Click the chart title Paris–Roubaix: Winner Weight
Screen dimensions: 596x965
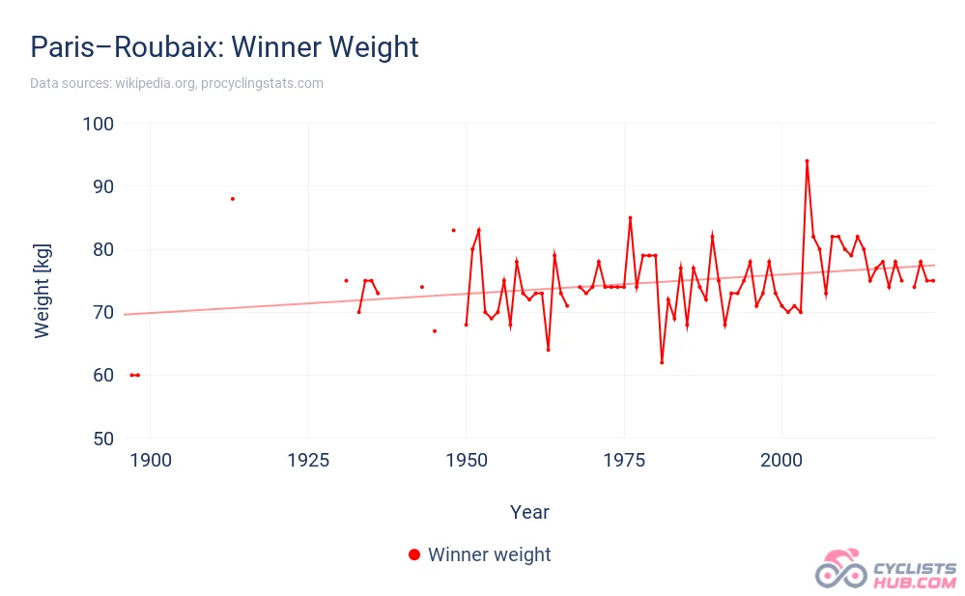click(224, 46)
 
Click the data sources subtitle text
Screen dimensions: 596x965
click(177, 84)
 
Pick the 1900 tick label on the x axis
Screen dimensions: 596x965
click(151, 460)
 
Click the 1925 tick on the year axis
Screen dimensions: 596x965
click(308, 460)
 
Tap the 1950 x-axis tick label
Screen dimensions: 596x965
click(466, 460)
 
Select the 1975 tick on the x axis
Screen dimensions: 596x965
click(624, 460)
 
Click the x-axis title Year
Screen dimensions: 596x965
click(529, 512)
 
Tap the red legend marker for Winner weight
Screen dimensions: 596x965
click(414, 554)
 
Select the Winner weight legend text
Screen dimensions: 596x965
click(489, 554)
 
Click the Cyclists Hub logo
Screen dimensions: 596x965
click(886, 570)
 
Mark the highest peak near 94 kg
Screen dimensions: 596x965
click(807, 160)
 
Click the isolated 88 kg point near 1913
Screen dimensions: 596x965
click(233, 199)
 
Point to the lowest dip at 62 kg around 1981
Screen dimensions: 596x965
click(662, 362)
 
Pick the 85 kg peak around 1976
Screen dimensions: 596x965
click(630, 217)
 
